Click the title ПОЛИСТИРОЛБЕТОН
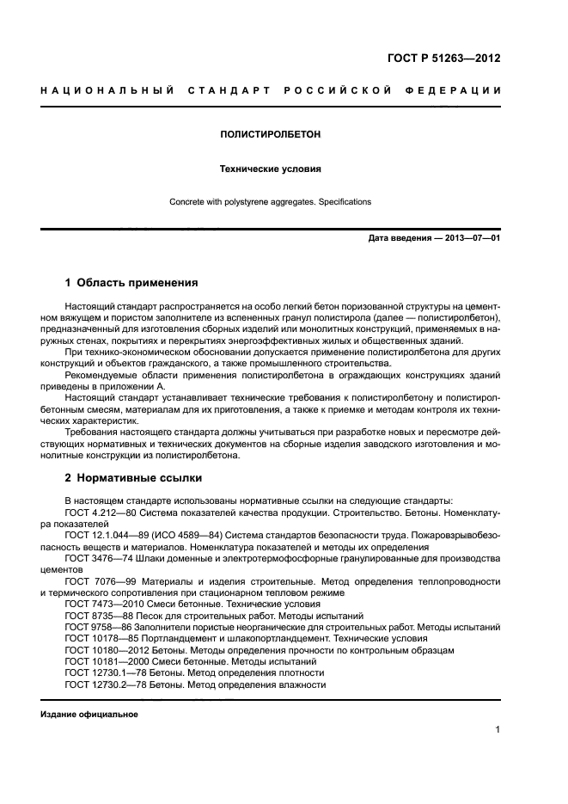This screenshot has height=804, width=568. [271, 135]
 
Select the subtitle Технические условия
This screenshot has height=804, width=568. [271, 169]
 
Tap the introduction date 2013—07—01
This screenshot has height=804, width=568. [469, 238]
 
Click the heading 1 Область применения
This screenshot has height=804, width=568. [131, 282]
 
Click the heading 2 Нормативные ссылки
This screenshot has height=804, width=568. [134, 478]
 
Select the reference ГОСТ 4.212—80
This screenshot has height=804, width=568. [96, 512]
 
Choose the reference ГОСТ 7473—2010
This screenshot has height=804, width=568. [99, 605]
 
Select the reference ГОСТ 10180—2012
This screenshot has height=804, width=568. [101, 650]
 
